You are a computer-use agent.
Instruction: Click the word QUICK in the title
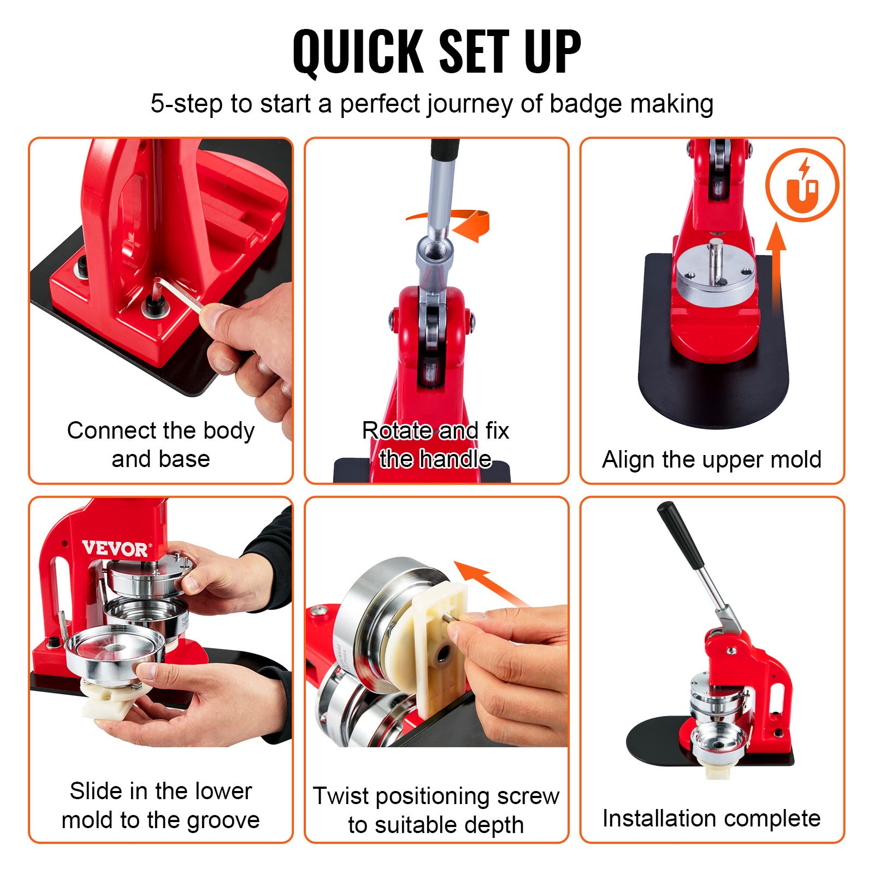click(358, 51)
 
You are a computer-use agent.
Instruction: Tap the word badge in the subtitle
click(585, 103)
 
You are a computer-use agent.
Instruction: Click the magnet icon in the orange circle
click(802, 186)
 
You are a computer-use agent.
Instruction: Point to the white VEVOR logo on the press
click(115, 548)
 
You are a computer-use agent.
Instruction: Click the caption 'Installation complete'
click(711, 818)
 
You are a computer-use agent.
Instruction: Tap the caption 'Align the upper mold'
click(712, 459)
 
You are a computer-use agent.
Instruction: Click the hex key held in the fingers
click(178, 294)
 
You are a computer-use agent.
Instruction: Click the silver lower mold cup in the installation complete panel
click(718, 743)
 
